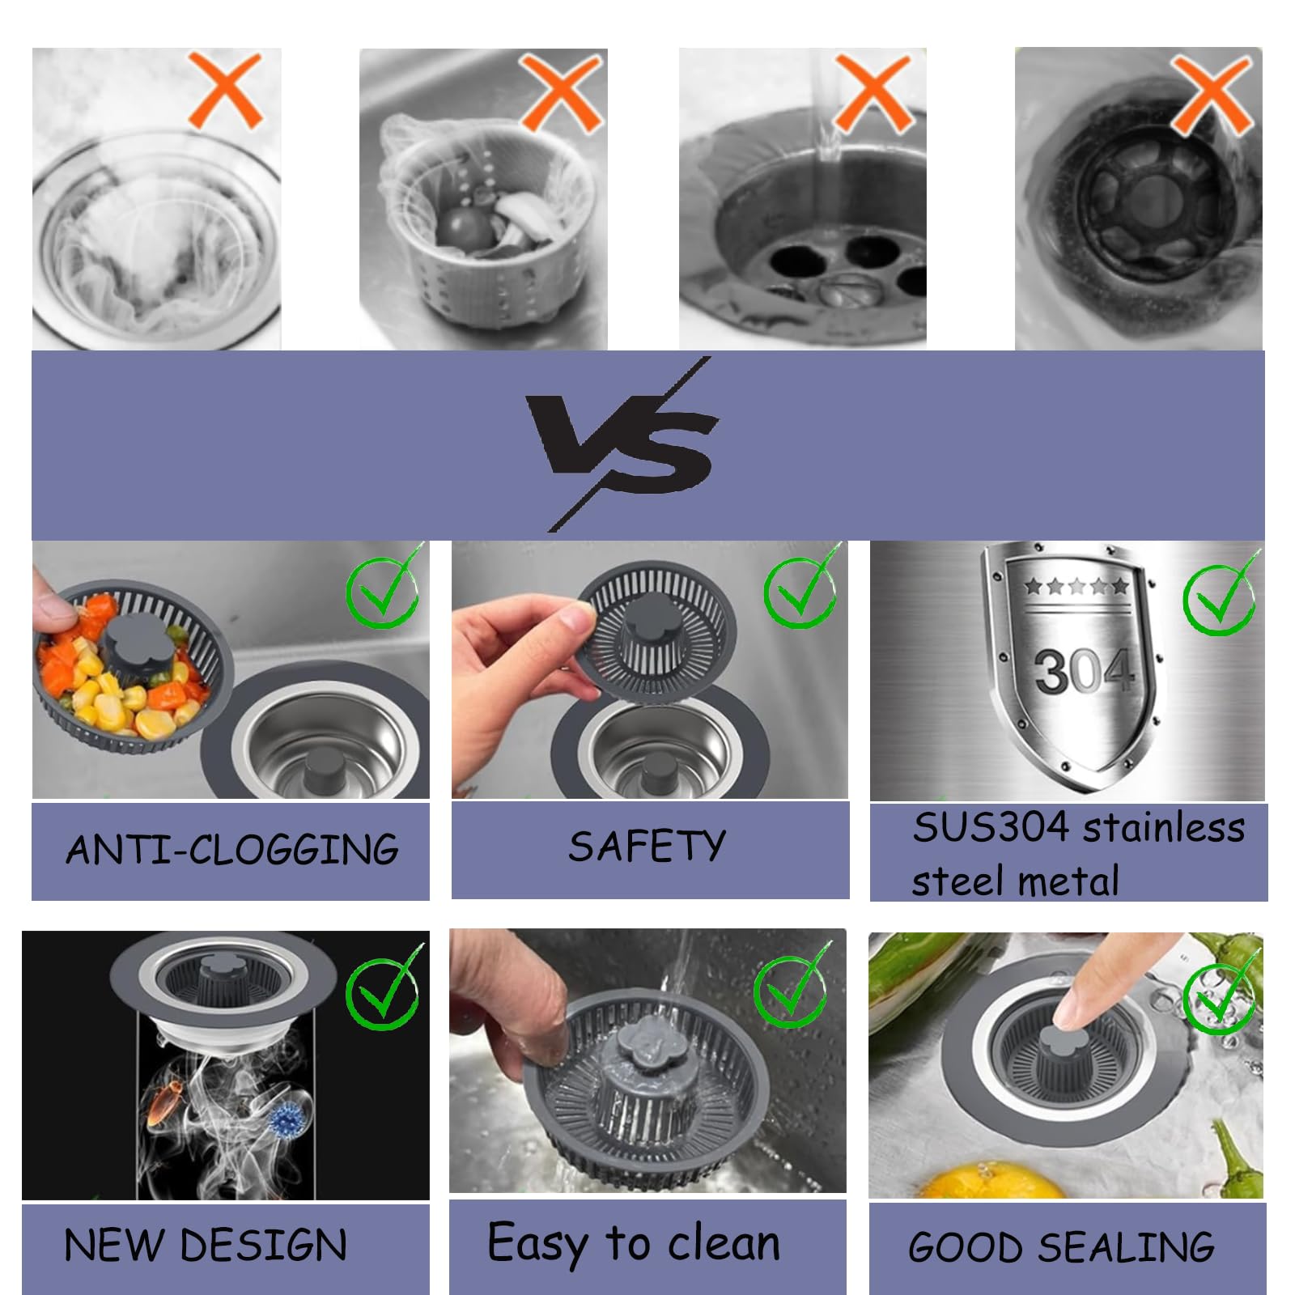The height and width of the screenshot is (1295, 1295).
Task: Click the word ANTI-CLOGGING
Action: [231, 849]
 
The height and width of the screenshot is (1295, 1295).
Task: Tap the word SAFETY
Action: [647, 847]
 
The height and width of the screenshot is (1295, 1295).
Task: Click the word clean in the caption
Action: [724, 1243]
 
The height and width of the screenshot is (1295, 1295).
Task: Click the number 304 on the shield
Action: [1083, 670]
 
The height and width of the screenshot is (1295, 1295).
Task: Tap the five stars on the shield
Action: [1076, 586]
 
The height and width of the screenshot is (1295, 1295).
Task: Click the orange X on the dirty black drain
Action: [1212, 93]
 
